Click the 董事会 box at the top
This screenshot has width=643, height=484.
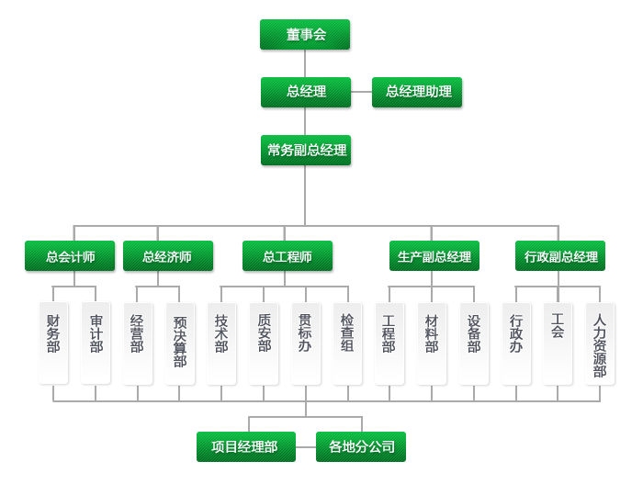pos(306,35)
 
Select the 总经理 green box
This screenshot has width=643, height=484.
pos(306,92)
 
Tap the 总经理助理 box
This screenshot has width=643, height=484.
pos(418,92)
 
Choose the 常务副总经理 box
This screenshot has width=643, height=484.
pos(306,150)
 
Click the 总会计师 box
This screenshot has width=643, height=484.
pos(71,256)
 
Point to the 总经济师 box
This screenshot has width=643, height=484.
pos(167,256)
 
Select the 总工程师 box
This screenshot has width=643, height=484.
pos(288,256)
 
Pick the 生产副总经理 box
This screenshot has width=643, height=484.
pos(434,256)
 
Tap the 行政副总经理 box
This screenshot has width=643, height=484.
pos(560,256)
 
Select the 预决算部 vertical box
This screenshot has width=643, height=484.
pos(180,342)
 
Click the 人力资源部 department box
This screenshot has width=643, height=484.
pos(600,342)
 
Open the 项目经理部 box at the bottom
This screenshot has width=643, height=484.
pos(244,447)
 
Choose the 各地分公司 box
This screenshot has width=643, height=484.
pos(361,447)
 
